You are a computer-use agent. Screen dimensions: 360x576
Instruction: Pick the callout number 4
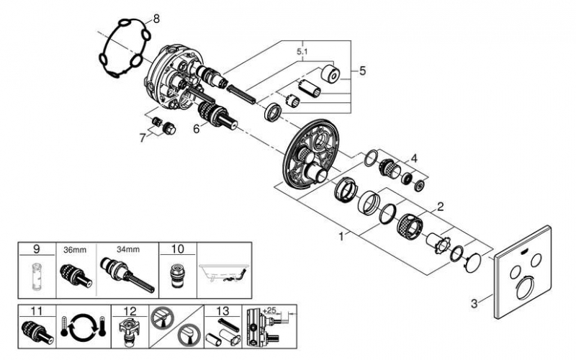[x=413, y=158]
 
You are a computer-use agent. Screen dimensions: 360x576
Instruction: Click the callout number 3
[x=474, y=303]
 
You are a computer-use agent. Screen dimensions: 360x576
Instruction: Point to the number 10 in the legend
[x=176, y=249]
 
